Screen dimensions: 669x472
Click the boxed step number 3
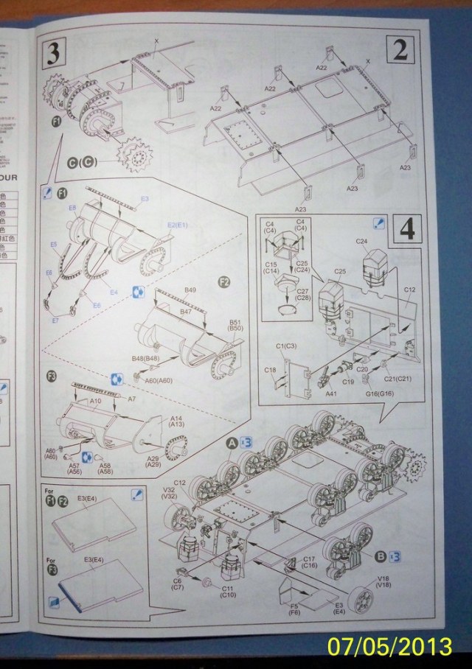click(53, 53)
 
